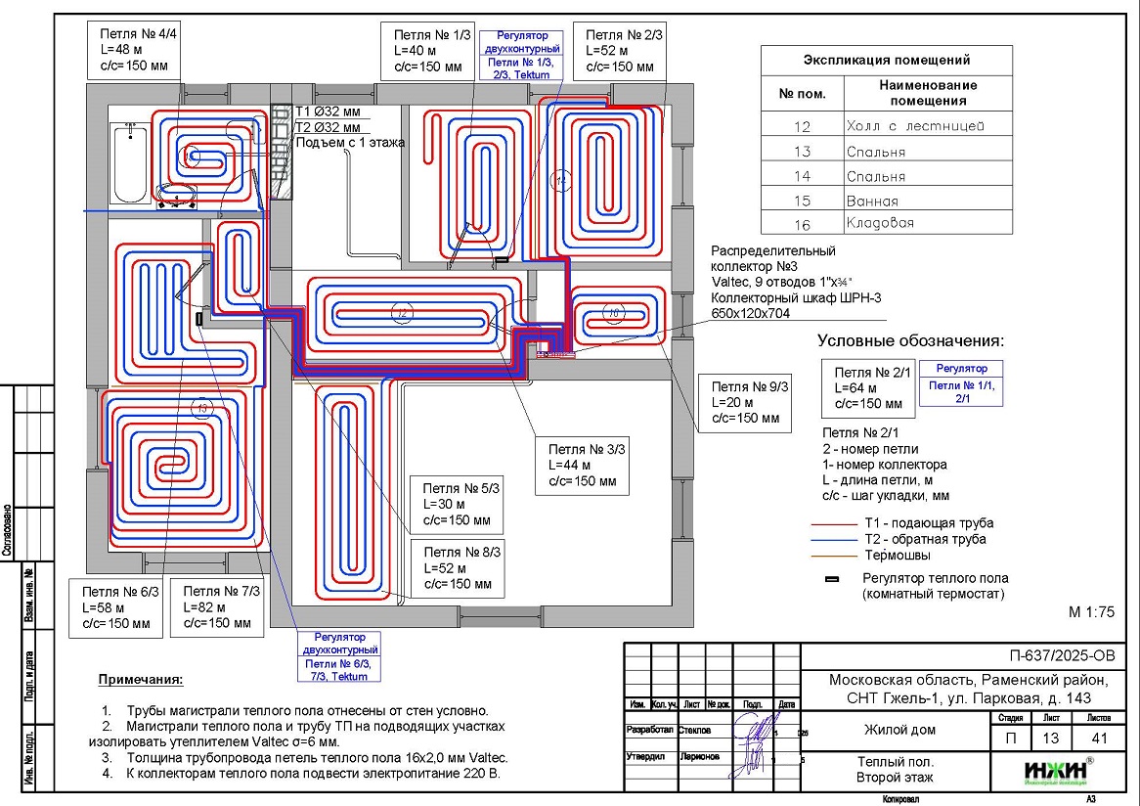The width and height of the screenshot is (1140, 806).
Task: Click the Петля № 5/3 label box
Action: click(459, 504)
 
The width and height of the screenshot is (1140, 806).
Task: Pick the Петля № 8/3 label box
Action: click(459, 568)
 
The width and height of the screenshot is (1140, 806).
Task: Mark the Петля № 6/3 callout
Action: click(116, 607)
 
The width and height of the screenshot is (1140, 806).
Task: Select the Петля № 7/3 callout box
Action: click(218, 607)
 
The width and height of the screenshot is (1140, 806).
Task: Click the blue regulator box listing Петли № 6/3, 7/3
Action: click(339, 655)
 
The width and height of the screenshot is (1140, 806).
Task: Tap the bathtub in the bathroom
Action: click(130, 162)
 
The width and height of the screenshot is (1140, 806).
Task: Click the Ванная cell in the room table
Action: click(872, 201)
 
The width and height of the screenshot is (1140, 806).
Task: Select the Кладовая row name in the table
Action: click(880, 223)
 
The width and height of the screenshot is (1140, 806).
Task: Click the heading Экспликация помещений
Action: click(887, 60)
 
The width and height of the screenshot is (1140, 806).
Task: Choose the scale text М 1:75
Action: click(1092, 612)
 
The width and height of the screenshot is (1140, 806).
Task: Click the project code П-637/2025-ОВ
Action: click(1061, 655)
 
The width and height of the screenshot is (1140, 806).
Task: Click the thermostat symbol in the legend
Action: click(833, 579)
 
